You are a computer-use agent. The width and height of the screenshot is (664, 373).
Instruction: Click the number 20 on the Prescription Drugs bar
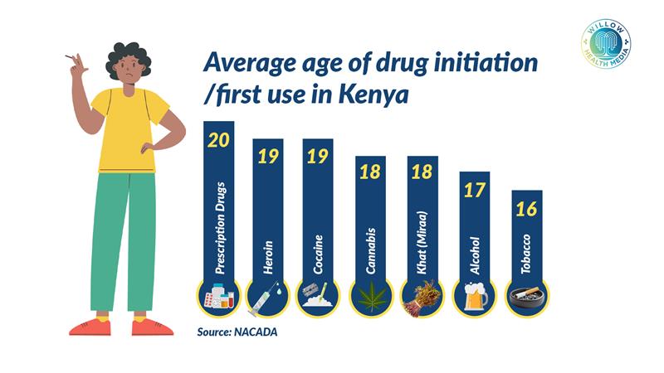point(219,140)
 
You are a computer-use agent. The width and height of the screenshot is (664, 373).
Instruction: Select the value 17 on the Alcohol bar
point(475,191)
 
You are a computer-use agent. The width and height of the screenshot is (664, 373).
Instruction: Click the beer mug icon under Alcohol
point(475,298)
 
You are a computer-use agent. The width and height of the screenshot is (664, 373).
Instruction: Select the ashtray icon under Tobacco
point(526,298)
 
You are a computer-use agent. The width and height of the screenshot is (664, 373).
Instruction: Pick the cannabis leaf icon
point(371,298)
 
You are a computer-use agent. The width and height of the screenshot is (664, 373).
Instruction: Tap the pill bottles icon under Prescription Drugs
point(219,298)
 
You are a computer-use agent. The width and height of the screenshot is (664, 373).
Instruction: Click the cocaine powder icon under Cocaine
point(319,298)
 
